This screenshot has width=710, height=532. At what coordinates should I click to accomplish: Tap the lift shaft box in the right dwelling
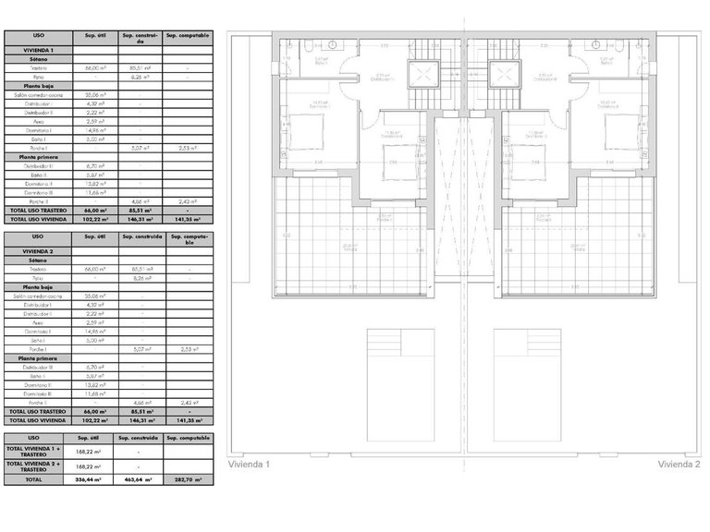[507, 73]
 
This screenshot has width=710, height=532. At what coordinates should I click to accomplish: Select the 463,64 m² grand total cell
[140, 480]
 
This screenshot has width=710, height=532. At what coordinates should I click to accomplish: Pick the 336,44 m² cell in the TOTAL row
[89, 480]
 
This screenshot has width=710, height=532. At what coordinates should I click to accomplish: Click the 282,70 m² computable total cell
[189, 480]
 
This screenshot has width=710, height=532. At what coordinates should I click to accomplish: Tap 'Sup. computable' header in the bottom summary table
[189, 438]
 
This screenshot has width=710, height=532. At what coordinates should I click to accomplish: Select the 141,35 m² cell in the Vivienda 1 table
[189, 220]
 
